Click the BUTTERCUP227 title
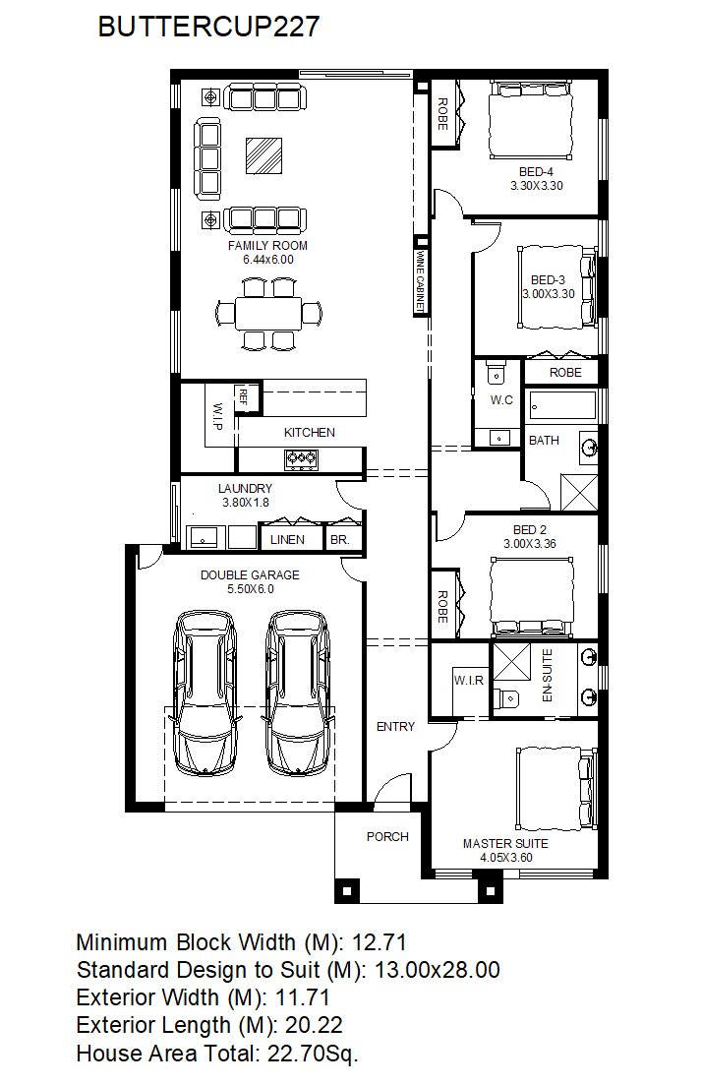208,27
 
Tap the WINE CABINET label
419,280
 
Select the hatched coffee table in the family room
264,155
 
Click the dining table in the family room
268,314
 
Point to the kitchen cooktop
302,457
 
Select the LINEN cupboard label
287,540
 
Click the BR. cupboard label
339,540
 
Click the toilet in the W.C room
497,373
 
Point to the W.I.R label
468,681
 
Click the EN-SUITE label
547,676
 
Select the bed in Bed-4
531,119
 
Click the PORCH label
387,836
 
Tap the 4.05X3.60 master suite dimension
506,858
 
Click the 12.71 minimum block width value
379,942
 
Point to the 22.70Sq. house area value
312,1054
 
